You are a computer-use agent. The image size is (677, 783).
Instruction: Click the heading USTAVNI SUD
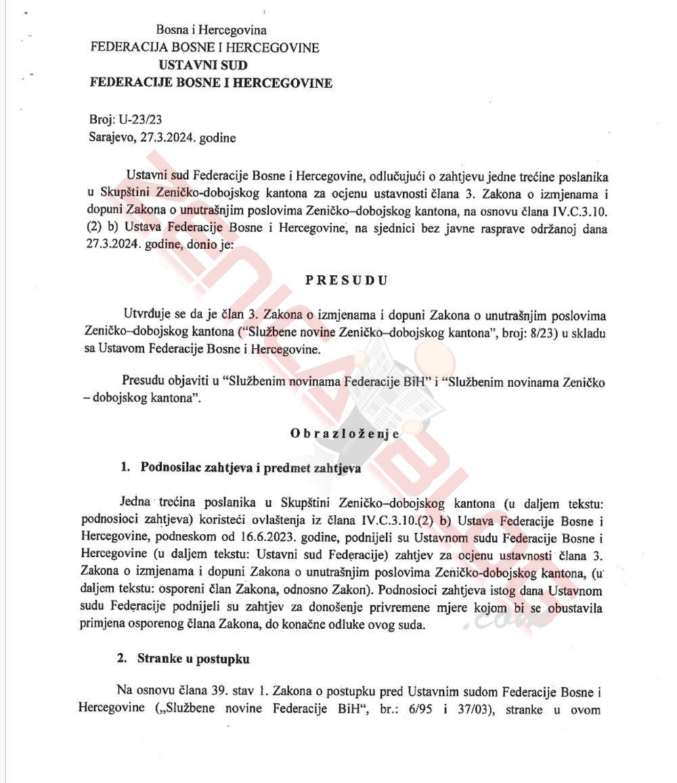point(203,66)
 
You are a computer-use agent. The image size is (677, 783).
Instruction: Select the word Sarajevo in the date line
point(112,138)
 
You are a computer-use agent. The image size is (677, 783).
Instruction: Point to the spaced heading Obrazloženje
point(345,433)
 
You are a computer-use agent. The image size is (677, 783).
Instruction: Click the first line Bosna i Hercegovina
point(211,30)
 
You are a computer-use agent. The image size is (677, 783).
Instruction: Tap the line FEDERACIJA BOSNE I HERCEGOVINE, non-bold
point(205,47)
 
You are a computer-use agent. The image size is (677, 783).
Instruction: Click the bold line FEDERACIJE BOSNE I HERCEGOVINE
point(211,83)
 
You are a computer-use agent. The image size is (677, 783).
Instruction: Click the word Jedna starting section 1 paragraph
point(136,504)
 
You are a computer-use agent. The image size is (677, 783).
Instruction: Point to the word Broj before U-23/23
point(102,120)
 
